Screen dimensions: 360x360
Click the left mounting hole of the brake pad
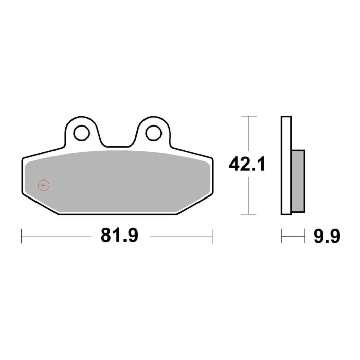point(81,133)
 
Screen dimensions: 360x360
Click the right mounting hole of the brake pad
point(153,133)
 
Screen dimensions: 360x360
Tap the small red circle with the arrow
point(44,185)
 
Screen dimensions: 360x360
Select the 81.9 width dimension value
point(119,236)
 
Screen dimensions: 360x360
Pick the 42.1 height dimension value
point(247,165)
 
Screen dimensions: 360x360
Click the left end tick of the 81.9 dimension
point(22,237)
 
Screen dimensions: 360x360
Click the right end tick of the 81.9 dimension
point(212,237)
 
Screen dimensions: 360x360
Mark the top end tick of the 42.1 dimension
point(248,116)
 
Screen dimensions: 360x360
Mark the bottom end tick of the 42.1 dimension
point(248,214)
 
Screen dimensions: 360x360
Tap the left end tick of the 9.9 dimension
point(282,237)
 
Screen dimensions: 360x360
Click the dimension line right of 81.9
point(180,237)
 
